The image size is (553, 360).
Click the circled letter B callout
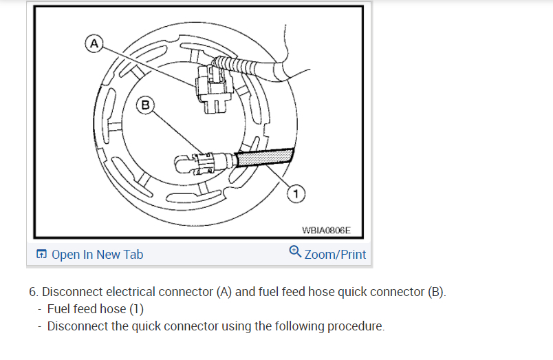pos(145,105)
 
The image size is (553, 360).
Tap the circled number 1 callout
pos(294,195)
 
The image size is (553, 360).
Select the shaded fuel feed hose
pos(265,158)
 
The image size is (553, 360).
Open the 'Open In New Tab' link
pos(97,255)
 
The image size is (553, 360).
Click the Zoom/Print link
pos(335,255)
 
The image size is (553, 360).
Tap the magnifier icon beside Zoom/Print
pos(295,252)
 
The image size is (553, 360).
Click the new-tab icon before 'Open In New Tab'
pos(41,255)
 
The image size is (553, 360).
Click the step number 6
pos(33,292)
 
